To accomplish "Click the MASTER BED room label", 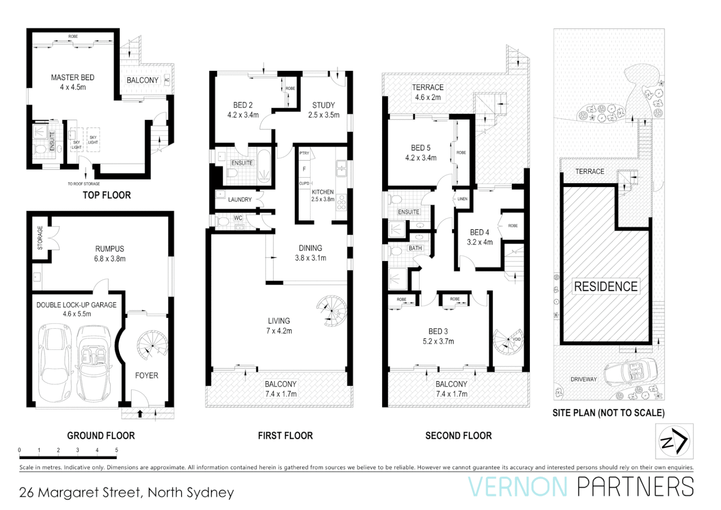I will click(73, 77).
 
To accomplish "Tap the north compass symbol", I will click(674, 442).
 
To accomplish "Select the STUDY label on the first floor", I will click(323, 105).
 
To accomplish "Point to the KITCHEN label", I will click(323, 192).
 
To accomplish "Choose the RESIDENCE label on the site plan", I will click(605, 287).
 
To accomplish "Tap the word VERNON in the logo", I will click(518, 487).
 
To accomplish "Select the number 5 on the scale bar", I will click(117, 450).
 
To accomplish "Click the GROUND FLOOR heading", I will click(101, 435).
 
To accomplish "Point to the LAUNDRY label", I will click(240, 200).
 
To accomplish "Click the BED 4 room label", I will click(479, 232).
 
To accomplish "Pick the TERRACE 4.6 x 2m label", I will click(428, 92).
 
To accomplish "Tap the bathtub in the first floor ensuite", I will click(263, 166).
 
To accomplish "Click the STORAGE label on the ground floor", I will click(40, 238).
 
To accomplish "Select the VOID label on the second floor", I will click(517, 339).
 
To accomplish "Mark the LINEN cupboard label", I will click(462, 199).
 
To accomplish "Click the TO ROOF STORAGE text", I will click(84, 184).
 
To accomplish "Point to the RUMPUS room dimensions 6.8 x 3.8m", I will click(109, 259).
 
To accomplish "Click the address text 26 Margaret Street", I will click(80, 493).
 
